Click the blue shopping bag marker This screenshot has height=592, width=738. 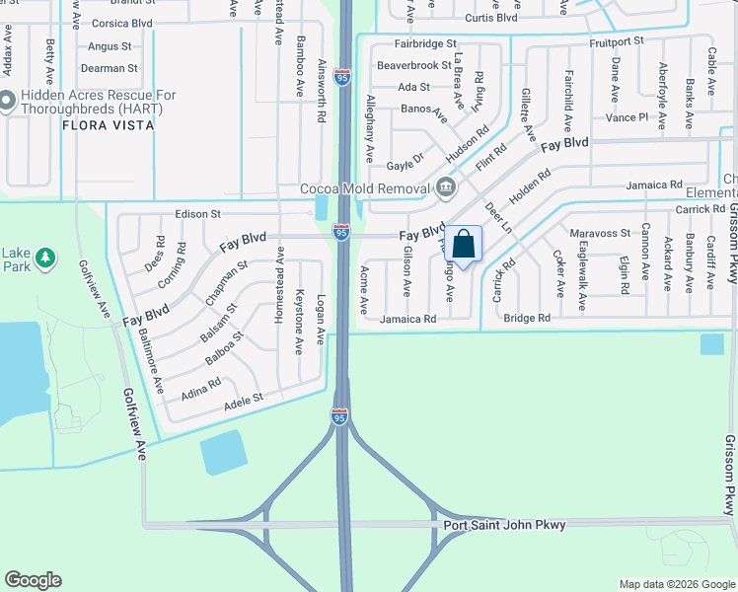point(463,243)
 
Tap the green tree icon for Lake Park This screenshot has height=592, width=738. point(44,259)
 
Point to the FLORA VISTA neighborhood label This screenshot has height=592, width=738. point(108,125)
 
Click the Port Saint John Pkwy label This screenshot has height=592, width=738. point(504,525)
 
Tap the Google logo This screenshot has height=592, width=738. point(33,579)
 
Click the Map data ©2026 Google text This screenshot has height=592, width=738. point(676,584)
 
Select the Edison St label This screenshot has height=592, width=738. point(198,213)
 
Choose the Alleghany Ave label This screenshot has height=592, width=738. point(370,128)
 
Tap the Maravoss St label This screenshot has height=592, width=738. point(600,233)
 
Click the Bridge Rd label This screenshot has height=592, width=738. point(526,318)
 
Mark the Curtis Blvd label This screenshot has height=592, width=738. point(491,18)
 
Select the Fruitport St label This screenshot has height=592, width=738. point(617,41)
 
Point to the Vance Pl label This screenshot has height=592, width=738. point(627,116)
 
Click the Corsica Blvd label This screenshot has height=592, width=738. point(122,22)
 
